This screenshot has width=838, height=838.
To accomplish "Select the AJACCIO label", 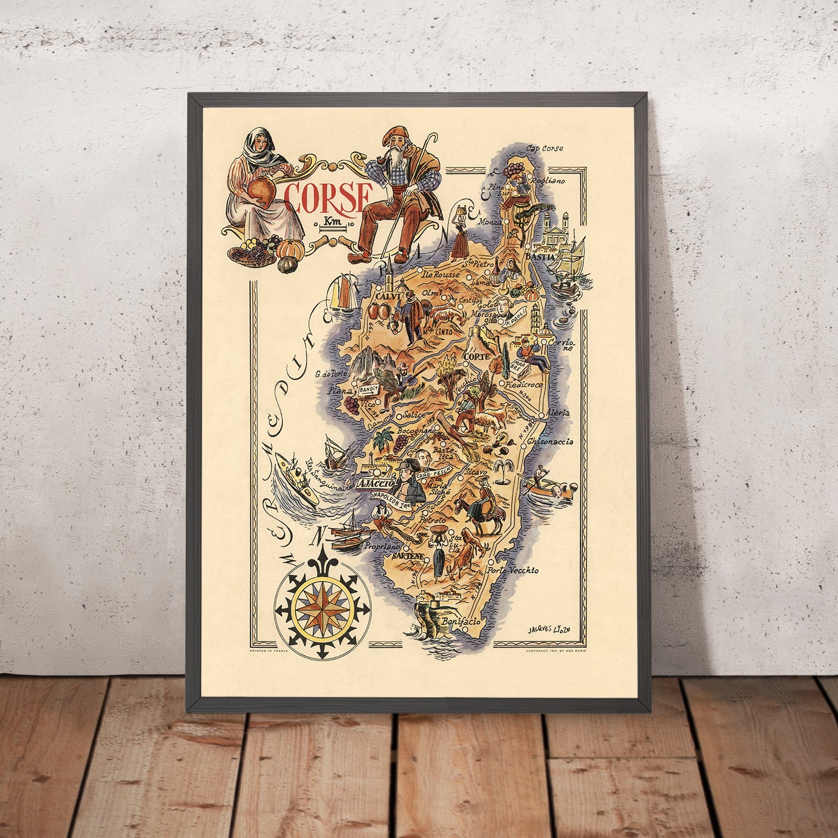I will (377, 484).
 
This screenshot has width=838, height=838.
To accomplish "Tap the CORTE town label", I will (477, 357).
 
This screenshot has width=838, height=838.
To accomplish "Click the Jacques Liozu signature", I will (545, 629).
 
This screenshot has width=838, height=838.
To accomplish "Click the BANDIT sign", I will (369, 390).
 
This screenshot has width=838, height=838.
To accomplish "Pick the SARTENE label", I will (408, 557).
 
